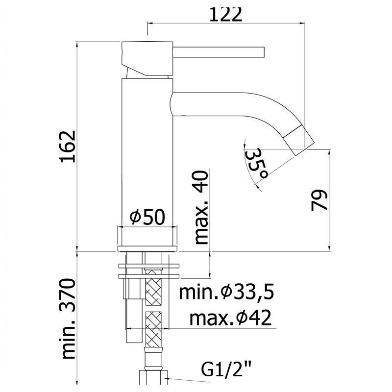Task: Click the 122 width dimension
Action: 225,15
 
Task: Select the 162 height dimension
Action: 68,147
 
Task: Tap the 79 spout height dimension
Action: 319,200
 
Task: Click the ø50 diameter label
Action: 147,217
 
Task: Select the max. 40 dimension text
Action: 201,207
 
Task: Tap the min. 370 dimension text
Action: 68,319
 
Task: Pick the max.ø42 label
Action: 230,318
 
